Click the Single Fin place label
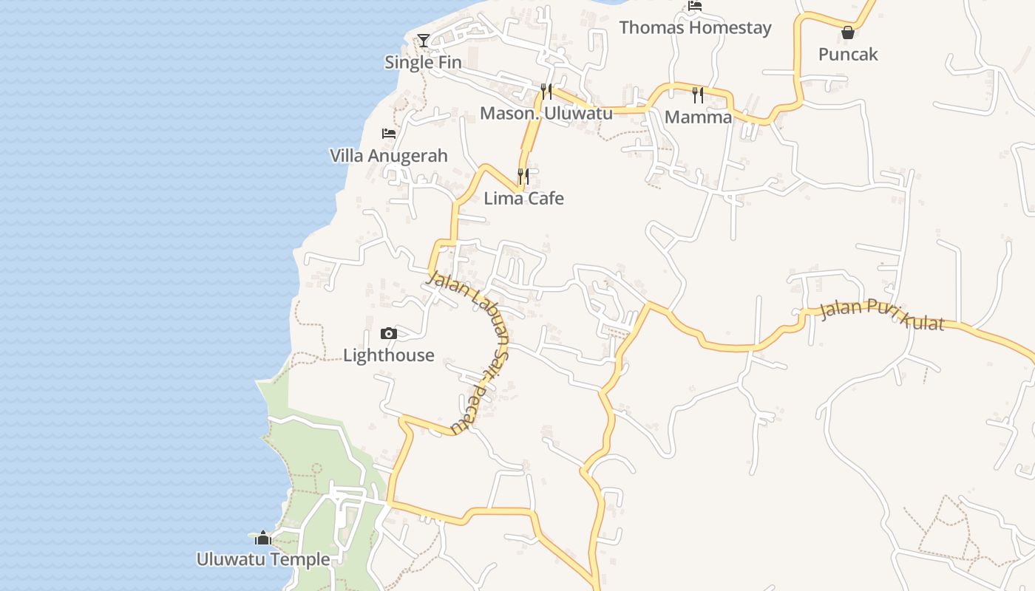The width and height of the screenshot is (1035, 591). click(423, 62)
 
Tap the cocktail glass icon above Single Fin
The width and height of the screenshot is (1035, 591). click(423, 40)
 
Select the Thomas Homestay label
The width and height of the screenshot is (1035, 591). click(695, 28)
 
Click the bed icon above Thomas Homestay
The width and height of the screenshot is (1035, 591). click(694, 6)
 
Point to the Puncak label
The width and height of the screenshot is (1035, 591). click(848, 54)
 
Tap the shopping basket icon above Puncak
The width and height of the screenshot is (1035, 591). click(848, 33)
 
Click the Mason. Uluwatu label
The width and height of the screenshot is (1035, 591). click(546, 113)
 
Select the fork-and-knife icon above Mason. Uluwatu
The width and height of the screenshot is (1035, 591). click(546, 92)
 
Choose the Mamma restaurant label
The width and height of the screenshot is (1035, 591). click(698, 117)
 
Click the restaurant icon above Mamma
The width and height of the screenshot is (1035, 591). click(698, 95)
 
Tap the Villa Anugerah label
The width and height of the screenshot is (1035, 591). click(389, 156)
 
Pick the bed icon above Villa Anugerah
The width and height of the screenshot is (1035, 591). click(389, 134)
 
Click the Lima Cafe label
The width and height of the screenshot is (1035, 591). click(523, 198)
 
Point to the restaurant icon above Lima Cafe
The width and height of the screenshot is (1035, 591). click(523, 177)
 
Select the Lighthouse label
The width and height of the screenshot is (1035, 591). click(389, 355)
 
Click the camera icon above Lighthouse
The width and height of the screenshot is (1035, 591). click(389, 334)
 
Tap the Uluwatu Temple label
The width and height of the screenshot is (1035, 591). click(263, 559)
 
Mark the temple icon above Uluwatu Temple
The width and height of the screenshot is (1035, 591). click(262, 538)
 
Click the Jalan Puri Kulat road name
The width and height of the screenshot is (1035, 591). click(883, 316)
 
